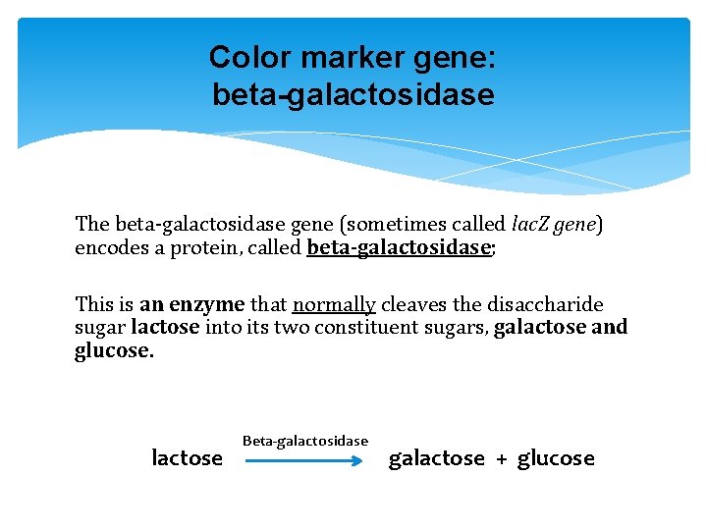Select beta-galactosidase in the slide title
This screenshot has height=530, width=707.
point(353,95)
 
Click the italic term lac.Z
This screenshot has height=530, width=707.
point(534,225)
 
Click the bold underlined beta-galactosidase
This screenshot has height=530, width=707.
point(398,247)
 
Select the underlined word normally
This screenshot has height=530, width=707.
point(334,305)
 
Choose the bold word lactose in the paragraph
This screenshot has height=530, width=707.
point(165,328)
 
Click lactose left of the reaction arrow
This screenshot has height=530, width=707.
point(187,458)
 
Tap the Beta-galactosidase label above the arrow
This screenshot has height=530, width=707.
point(305,441)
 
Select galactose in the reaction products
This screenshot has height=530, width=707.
point(437,458)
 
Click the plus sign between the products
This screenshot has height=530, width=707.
point(501,458)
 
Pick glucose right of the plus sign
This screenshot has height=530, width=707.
point(556,458)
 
